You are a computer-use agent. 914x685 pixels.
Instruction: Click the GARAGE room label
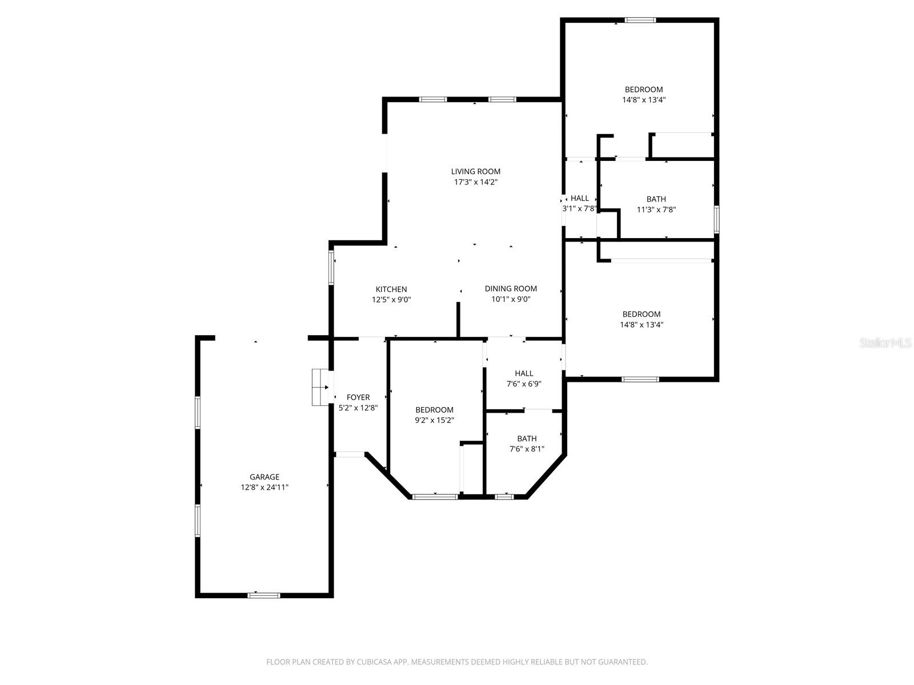pos(264,477)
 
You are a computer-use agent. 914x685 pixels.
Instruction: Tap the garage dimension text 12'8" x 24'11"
pos(264,487)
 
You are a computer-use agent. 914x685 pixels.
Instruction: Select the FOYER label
pos(358,397)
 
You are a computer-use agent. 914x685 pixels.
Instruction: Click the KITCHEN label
pos(391,289)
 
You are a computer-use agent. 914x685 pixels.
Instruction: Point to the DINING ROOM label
pos(511,289)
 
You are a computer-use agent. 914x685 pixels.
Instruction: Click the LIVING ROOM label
pos(475,171)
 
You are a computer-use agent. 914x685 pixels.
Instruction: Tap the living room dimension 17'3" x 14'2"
pos(475,182)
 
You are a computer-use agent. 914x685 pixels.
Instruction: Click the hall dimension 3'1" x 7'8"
pos(579,209)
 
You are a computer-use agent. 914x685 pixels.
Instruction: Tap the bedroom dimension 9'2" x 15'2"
pos(434,420)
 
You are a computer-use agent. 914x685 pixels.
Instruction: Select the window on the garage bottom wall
pos(263,595)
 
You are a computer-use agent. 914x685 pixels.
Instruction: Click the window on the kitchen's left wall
pos(331,267)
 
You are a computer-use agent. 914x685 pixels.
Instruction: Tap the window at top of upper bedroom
pos(640,21)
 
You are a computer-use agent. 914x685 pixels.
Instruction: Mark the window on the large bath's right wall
pos(716,219)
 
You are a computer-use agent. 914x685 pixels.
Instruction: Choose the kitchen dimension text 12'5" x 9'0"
pos(391,300)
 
